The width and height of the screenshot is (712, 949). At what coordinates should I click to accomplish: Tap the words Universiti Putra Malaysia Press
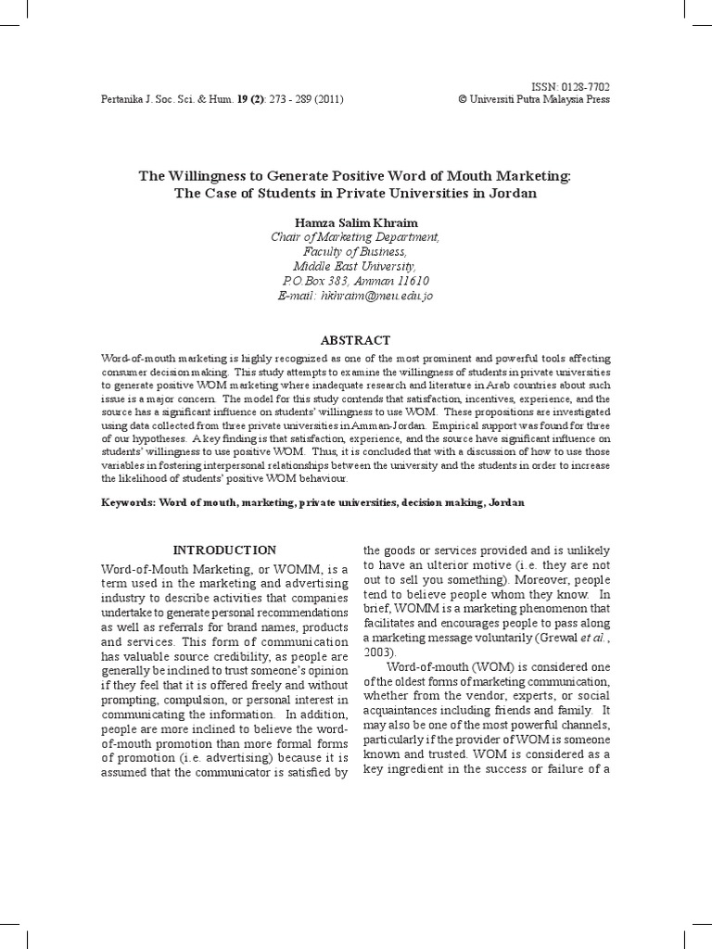[x=540, y=99]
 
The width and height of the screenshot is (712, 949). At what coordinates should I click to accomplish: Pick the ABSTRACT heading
[x=355, y=340]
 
